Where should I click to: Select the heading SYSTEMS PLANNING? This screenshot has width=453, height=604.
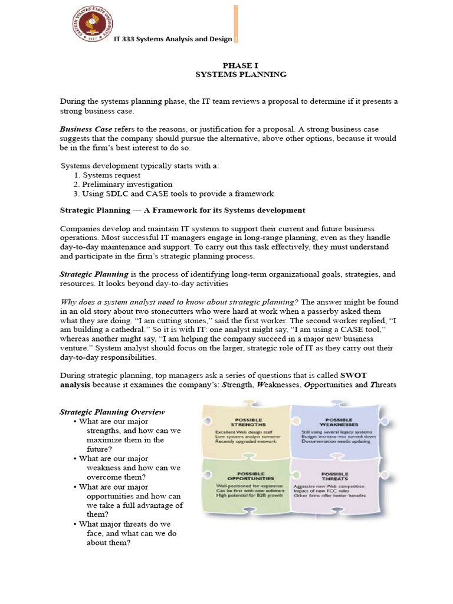(x=240, y=74)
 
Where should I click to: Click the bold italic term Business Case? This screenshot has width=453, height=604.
(x=86, y=129)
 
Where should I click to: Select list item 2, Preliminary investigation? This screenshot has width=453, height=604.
(x=123, y=185)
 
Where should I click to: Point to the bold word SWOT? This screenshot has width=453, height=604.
(x=369, y=375)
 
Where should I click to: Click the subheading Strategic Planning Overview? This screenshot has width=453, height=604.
(x=113, y=412)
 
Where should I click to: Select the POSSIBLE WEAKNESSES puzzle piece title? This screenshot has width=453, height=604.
(x=334, y=421)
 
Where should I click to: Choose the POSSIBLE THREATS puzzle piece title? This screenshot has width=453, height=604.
(x=334, y=476)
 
